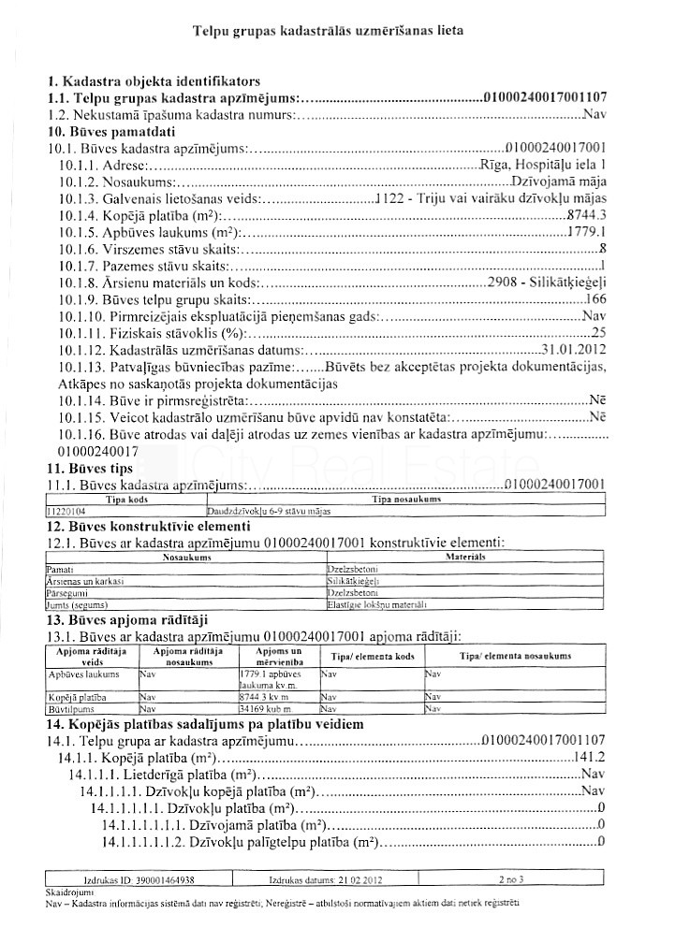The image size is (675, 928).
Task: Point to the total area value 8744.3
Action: pyautogui.click(x=588, y=215)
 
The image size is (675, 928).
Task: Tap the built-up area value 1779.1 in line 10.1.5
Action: pyautogui.click(x=588, y=232)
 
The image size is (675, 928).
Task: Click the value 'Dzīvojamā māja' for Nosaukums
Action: pyautogui.click(x=560, y=181)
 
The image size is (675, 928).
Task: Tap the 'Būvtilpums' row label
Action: pyautogui.click(x=65, y=709)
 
